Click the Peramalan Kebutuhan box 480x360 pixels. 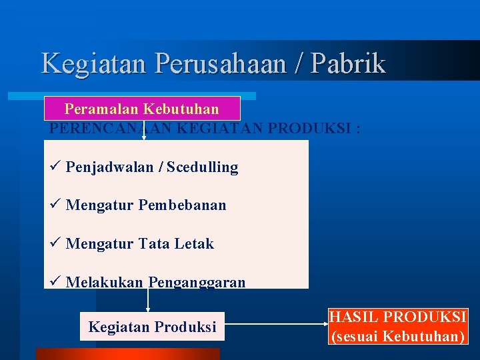pyautogui.click(x=141, y=108)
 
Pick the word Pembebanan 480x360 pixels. pyautogui.click(x=182, y=205)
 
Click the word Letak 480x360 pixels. pyautogui.click(x=194, y=244)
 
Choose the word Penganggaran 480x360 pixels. pyautogui.click(x=197, y=283)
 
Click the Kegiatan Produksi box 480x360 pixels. pyautogui.click(x=152, y=327)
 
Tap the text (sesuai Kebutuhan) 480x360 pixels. pyautogui.click(x=398, y=336)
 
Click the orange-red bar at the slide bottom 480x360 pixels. pyautogui.click(x=127, y=354)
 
